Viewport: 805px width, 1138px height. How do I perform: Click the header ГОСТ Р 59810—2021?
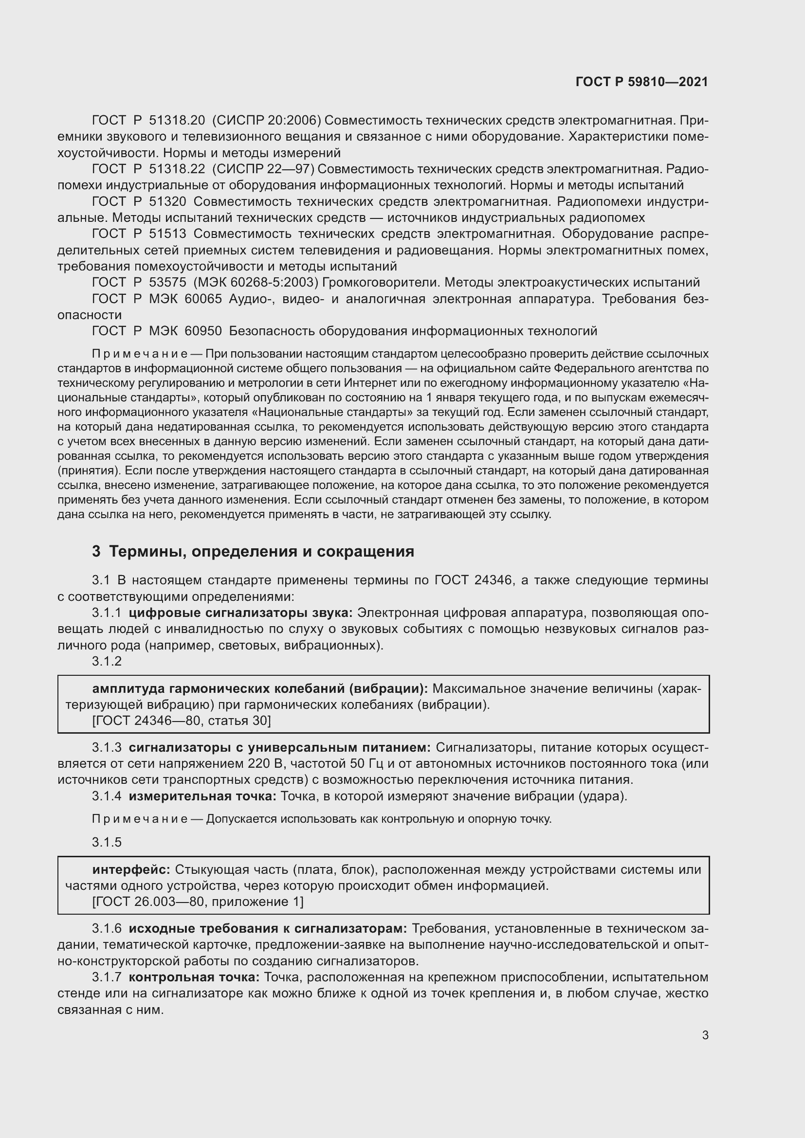coord(641,82)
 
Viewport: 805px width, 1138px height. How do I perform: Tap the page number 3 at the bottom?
coord(705,1035)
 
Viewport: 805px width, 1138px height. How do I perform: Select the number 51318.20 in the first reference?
coord(177,121)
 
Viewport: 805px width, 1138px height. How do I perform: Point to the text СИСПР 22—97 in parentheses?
coord(263,169)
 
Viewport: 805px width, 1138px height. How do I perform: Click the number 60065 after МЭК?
coord(203,299)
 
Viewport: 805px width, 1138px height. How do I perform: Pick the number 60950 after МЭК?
coord(203,331)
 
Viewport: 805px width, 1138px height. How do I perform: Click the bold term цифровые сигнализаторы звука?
coord(240,613)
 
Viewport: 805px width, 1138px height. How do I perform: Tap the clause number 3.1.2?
coord(107,661)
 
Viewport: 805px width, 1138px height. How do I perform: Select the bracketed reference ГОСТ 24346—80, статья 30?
coord(182,721)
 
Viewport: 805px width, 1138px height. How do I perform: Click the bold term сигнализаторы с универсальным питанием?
coord(280,747)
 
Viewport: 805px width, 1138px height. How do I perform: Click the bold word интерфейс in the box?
coord(131,870)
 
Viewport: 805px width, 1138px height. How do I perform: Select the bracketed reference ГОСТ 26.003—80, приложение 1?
coord(198,902)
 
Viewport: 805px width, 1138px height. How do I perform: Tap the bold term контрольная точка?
coord(194,977)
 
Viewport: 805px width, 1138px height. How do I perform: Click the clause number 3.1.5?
coord(107,843)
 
